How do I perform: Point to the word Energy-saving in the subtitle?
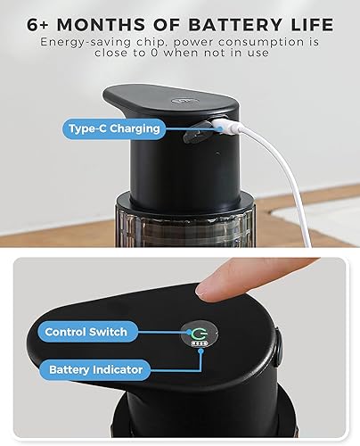(x=83, y=41)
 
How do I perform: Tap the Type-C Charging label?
(x=114, y=128)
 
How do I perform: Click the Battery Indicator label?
(x=95, y=368)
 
